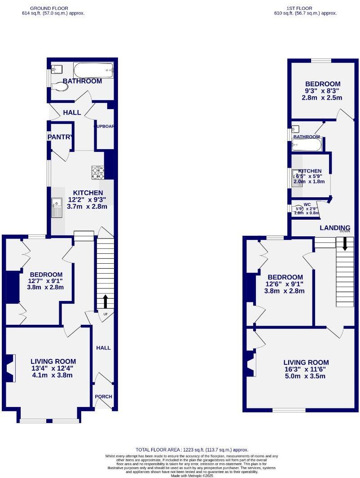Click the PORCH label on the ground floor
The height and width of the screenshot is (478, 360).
tap(103, 397)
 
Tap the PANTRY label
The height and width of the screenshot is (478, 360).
tap(59, 137)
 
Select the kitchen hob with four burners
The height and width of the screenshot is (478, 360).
tap(98, 172)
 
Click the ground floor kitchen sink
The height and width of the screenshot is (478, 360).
tap(57, 208)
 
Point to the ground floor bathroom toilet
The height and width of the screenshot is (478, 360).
tap(60, 87)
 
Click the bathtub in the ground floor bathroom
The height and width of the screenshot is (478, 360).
tap(93, 70)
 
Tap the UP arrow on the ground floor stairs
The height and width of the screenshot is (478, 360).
tap(105, 301)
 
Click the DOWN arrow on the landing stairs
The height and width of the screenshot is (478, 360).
tap(345, 243)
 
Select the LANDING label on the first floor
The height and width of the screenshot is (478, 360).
tap(335, 228)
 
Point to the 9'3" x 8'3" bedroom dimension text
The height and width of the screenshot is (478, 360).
tap(323, 91)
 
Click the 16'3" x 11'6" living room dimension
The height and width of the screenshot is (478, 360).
tap(306, 369)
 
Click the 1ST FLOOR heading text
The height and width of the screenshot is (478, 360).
tap(305, 8)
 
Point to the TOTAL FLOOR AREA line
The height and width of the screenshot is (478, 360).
tap(192, 450)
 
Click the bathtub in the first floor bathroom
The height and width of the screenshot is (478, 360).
tap(307, 145)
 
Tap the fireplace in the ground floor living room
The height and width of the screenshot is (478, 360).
tap(10, 362)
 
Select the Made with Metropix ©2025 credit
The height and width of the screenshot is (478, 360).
tap(192, 475)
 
